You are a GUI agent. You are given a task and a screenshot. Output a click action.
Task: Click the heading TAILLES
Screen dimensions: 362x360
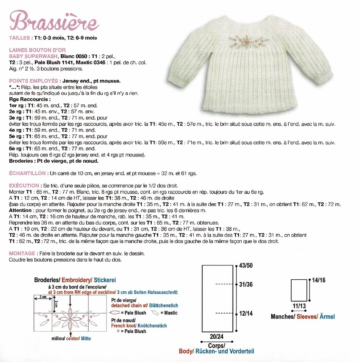pyautogui.click(x=19, y=38)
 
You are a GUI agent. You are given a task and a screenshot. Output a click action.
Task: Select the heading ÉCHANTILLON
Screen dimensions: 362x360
pyautogui.click(x=27, y=173)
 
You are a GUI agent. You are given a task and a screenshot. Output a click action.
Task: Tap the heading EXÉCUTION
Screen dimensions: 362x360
pyautogui.click(x=24, y=186)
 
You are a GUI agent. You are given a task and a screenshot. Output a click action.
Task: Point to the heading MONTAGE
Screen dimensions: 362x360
pyautogui.click(x=22, y=254)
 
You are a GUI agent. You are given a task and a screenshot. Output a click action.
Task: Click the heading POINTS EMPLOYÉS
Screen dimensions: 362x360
pyautogui.click(x=34, y=81)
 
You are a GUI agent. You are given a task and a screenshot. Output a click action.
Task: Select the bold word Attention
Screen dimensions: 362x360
pyautogui.click(x=20, y=210)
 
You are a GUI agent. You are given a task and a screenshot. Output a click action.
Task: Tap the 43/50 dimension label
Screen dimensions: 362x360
pyautogui.click(x=246, y=266)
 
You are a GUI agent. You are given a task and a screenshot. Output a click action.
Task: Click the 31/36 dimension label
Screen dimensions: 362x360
pyautogui.click(x=246, y=285)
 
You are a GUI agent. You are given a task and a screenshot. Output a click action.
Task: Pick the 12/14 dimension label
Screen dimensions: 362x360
pyautogui.click(x=246, y=314)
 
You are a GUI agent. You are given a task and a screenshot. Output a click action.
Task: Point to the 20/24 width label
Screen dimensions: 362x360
pyautogui.click(x=216, y=337)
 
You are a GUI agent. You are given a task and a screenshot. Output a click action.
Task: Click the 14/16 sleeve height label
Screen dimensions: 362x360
pyautogui.click(x=318, y=281)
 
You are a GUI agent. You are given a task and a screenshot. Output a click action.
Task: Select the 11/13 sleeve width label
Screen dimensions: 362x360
pyautogui.click(x=299, y=306)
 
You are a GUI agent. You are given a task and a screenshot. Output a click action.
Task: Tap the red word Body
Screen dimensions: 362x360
pyautogui.click(x=186, y=352)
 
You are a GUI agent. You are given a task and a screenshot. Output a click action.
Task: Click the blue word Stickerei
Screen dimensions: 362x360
pyautogui.click(x=105, y=280)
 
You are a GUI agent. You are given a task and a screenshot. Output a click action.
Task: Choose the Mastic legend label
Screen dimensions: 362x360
pyautogui.click(x=171, y=313)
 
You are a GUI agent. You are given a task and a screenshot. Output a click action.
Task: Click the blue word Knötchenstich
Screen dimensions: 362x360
pyautogui.click(x=152, y=326)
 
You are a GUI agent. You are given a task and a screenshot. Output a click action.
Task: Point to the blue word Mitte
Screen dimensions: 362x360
pyautogui.click(x=86, y=339)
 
